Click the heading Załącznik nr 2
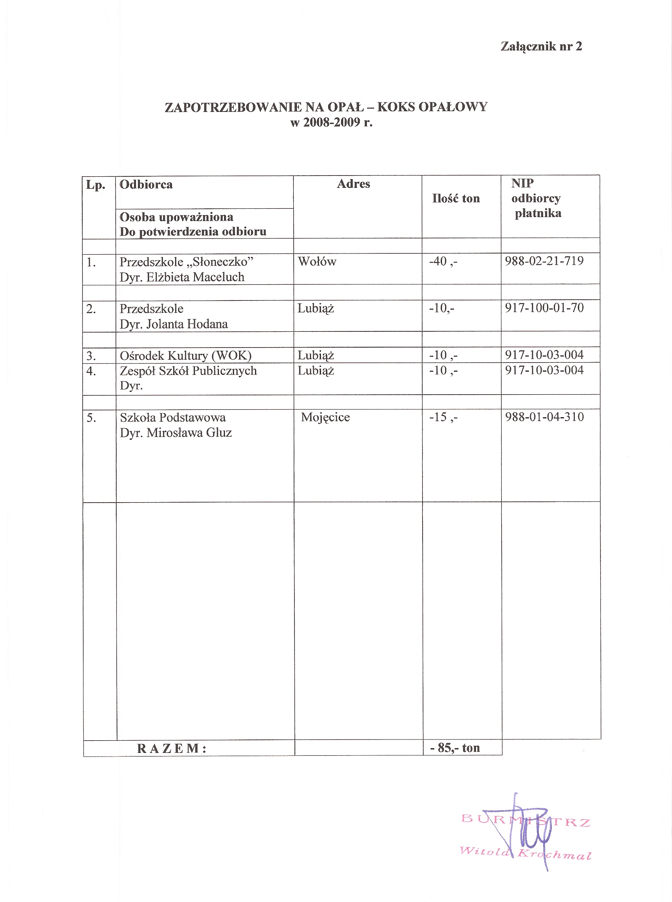pyautogui.click(x=541, y=46)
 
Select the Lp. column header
pyautogui.click(x=96, y=185)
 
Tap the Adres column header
pyautogui.click(x=353, y=184)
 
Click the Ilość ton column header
pyautogui.click(x=456, y=199)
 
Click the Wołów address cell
pyautogui.click(x=317, y=262)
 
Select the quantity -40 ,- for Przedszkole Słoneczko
pyautogui.click(x=443, y=261)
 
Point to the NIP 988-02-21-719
pyautogui.click(x=544, y=261)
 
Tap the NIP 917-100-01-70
pyautogui.click(x=544, y=308)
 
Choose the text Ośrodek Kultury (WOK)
pyautogui.click(x=185, y=356)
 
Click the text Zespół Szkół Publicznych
pyautogui.click(x=188, y=371)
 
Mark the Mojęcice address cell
pyautogui.click(x=325, y=418)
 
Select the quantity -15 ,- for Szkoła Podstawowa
pyautogui.click(x=443, y=418)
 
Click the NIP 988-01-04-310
pyautogui.click(x=544, y=417)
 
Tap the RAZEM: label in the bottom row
pyautogui.click(x=172, y=749)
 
